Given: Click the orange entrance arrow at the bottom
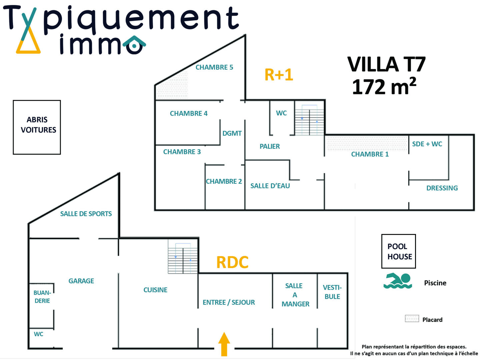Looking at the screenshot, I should (224, 344).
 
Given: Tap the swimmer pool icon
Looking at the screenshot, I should (398, 281).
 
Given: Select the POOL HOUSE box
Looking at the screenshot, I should (399, 251).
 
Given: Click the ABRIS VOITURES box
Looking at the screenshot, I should (37, 127).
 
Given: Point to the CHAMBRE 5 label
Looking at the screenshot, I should (214, 67).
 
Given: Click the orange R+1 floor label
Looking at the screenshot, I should (279, 75).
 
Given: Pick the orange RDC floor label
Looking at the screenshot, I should (232, 262).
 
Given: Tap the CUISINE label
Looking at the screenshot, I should (155, 290).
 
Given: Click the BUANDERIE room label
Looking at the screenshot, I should (42, 297).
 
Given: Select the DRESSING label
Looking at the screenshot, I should (442, 188).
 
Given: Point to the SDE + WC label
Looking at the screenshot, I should (427, 144).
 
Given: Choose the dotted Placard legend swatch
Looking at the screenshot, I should (412, 319).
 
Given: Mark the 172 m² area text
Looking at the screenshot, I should (384, 87).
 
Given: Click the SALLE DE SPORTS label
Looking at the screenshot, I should (86, 214).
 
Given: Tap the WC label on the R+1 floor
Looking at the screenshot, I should (281, 113).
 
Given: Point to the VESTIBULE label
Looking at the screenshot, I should (332, 292).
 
